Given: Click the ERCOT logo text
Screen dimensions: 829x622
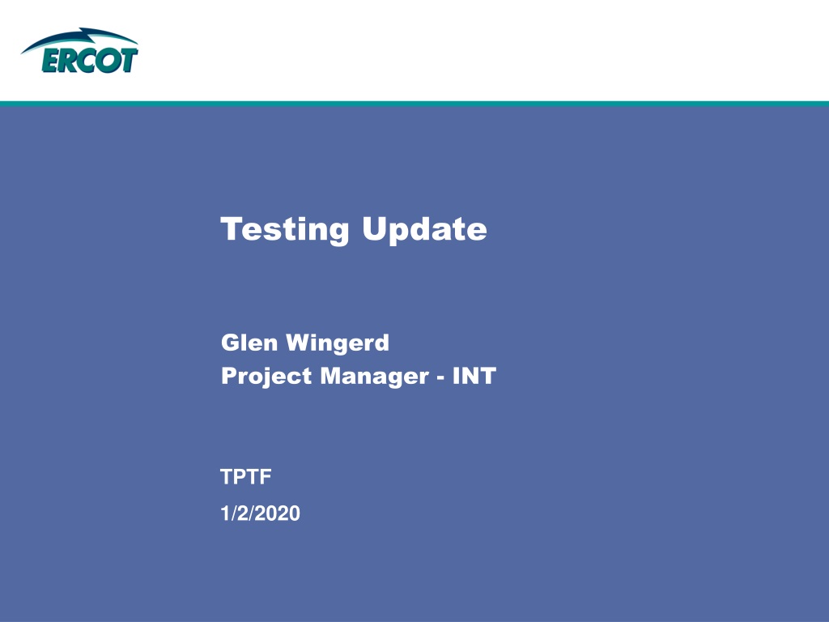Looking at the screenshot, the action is click(x=90, y=60).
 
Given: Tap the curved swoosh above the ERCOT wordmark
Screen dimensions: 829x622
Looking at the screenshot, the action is click(x=79, y=37).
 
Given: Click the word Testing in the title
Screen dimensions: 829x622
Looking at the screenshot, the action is click(x=284, y=230).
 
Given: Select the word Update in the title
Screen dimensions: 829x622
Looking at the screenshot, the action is click(x=424, y=230).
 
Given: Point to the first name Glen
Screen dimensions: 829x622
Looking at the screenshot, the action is click(x=249, y=343).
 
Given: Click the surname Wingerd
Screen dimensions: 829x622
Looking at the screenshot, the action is click(x=338, y=343).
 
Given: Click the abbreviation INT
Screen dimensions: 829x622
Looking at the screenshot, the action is click(x=474, y=376).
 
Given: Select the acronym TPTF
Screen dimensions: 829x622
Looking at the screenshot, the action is click(x=246, y=477).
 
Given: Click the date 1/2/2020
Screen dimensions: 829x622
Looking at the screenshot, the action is click(x=260, y=513).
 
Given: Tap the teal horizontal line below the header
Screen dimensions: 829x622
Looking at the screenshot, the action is click(x=414, y=104).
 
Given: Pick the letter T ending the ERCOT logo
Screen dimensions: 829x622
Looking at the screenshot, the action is click(x=129, y=60).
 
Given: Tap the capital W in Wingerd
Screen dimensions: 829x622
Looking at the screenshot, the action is click(x=301, y=343).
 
